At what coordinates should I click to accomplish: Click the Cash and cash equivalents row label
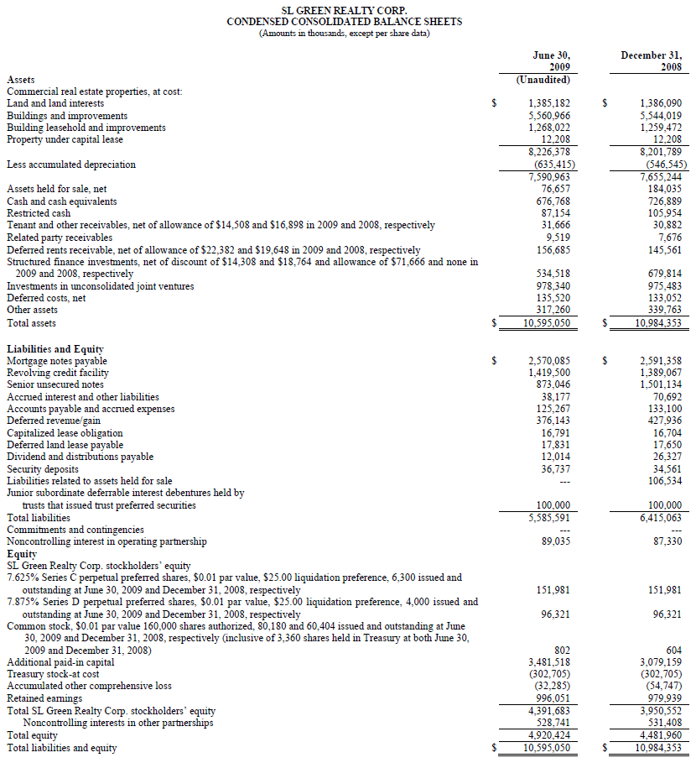[x=62, y=201]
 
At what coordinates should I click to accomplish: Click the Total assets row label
[x=31, y=323]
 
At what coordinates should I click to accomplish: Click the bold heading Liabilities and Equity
[x=55, y=348]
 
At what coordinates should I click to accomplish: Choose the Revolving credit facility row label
[x=58, y=373]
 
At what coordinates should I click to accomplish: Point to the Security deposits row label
[x=43, y=469]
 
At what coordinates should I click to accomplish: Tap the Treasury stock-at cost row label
[x=54, y=674]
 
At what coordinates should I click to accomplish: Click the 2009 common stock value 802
[x=562, y=651]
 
